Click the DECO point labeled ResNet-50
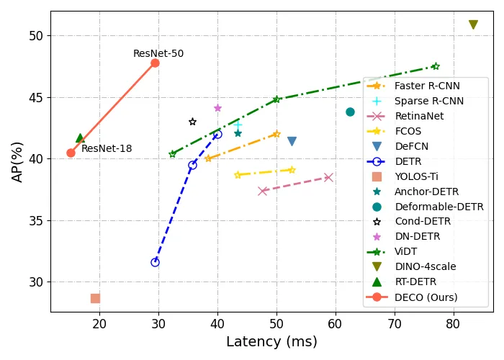coord(155,63)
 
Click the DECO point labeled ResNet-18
coord(71,153)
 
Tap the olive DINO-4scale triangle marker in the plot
coord(473,24)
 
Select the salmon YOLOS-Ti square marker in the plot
coord(95,298)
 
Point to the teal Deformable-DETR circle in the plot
coord(350,112)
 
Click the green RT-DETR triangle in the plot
coord(80,138)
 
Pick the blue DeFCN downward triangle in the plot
coord(292,141)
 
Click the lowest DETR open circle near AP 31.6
coord(155,262)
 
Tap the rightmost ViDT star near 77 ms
coord(436,66)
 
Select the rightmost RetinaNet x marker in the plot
coord(328,177)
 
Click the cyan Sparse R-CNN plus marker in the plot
coord(238,125)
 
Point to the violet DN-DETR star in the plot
coord(217,108)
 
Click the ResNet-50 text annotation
coord(158,54)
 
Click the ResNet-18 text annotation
coord(107,149)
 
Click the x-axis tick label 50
coord(276,324)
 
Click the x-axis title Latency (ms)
coord(271,342)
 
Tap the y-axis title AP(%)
coord(17,161)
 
